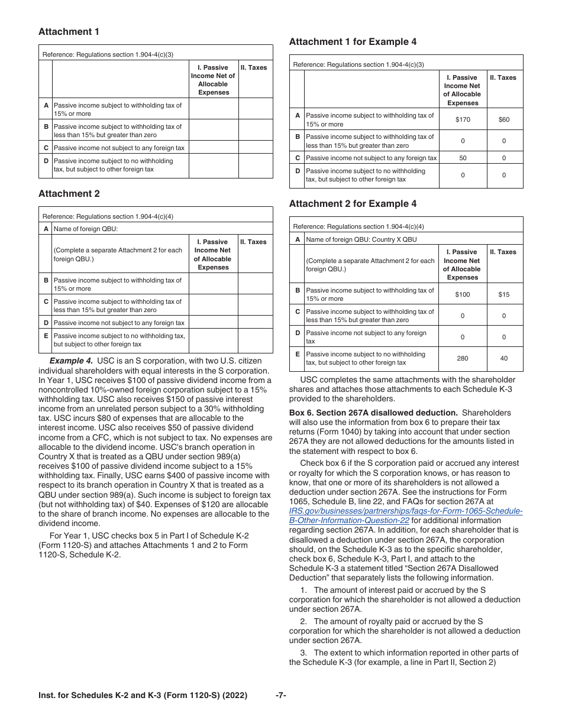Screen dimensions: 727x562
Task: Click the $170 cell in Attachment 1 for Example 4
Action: pos(463,119)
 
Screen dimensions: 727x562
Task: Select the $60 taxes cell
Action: pos(503,119)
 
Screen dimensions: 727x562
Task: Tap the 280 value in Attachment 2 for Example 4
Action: pos(463,358)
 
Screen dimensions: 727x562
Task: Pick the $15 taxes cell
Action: pos(503,294)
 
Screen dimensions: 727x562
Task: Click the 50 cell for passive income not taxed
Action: pos(463,158)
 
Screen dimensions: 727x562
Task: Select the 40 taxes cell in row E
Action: pos(503,358)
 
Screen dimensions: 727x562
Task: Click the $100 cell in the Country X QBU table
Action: pos(463,294)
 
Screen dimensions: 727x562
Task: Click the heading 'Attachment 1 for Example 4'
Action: pos(353,42)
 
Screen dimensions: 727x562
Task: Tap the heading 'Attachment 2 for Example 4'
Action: pos(353,204)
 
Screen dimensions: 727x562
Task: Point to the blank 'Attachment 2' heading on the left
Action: pos(69,194)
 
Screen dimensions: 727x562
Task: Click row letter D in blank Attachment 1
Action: pos(46,161)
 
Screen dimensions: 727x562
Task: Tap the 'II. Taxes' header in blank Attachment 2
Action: pos(253,242)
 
